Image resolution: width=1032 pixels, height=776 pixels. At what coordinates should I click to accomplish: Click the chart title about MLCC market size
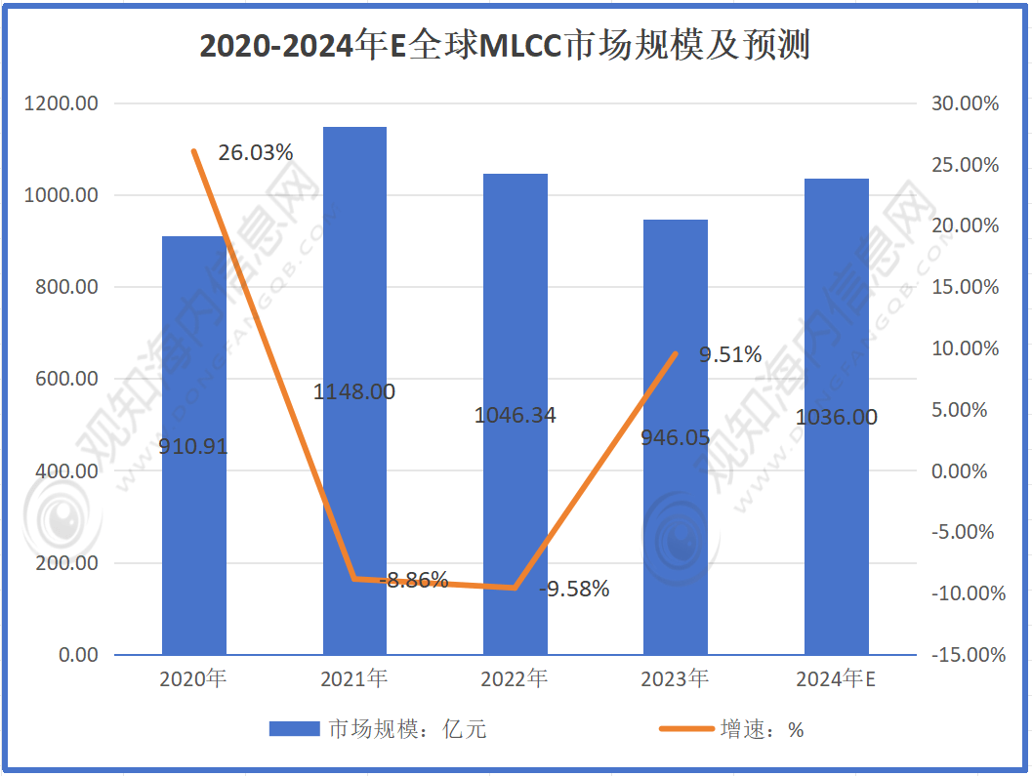[505, 46]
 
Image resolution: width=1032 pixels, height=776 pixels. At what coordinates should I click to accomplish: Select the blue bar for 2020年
[193, 527]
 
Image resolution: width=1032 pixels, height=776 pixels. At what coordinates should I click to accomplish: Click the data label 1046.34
[515, 415]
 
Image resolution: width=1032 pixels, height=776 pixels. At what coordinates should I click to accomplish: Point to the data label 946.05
[675, 437]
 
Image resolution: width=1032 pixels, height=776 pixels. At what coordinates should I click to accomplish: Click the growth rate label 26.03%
[255, 152]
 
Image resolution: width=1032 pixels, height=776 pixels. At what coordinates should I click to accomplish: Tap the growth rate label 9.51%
[730, 355]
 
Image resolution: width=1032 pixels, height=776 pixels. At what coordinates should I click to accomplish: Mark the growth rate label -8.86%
[414, 580]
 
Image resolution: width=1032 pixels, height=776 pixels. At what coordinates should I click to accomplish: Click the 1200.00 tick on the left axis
[65, 103]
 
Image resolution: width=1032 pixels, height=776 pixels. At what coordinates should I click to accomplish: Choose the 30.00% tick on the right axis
[966, 103]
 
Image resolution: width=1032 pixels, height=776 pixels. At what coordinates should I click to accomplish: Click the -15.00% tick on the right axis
[966, 655]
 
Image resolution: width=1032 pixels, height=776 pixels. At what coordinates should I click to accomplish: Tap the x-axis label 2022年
[515, 679]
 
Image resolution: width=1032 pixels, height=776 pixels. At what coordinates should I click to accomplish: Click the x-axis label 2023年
[675, 679]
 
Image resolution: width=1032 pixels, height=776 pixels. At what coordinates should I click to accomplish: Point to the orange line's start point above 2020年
[193, 151]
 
